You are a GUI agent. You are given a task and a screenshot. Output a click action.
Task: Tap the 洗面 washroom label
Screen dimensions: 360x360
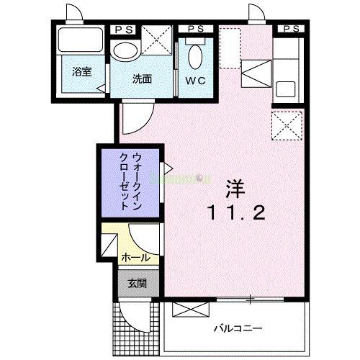point(141,79)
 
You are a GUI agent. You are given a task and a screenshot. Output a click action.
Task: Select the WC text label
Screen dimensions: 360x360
point(196,80)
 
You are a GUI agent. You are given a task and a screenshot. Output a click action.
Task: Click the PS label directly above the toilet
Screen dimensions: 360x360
point(195,29)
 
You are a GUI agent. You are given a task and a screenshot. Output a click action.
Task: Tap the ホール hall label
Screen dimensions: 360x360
point(135,257)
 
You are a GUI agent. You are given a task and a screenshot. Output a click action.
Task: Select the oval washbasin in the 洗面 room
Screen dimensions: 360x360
point(127,51)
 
